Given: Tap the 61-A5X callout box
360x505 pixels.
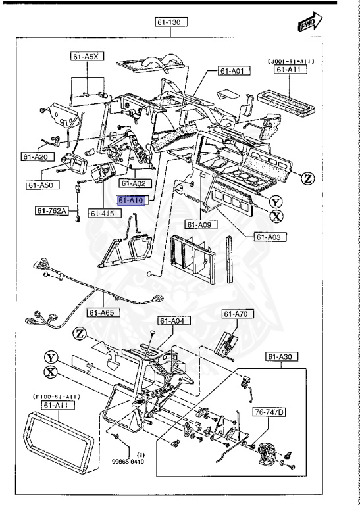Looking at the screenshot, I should pyautogui.click(x=86, y=57).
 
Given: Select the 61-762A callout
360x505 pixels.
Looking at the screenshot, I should pyautogui.click(x=53, y=211).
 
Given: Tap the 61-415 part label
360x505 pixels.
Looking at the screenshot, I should pyautogui.click(x=102, y=214).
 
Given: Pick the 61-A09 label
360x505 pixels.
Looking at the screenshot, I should pyautogui.click(x=197, y=225).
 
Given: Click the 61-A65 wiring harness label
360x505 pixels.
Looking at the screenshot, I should pyautogui.click(x=104, y=313).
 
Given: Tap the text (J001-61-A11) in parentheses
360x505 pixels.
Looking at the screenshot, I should pyautogui.click(x=290, y=61).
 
